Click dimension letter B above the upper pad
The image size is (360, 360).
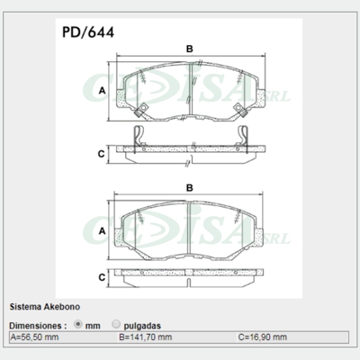189,48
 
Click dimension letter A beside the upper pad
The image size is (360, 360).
103,92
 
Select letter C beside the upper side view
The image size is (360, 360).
103,154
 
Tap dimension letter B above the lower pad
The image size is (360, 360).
189,187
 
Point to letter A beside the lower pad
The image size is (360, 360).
103,231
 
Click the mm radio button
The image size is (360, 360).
78,324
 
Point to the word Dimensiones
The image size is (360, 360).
37,324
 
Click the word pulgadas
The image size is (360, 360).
143,324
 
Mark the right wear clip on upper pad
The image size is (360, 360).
238,110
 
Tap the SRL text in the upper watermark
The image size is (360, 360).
281,94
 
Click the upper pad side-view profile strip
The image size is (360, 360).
189,150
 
